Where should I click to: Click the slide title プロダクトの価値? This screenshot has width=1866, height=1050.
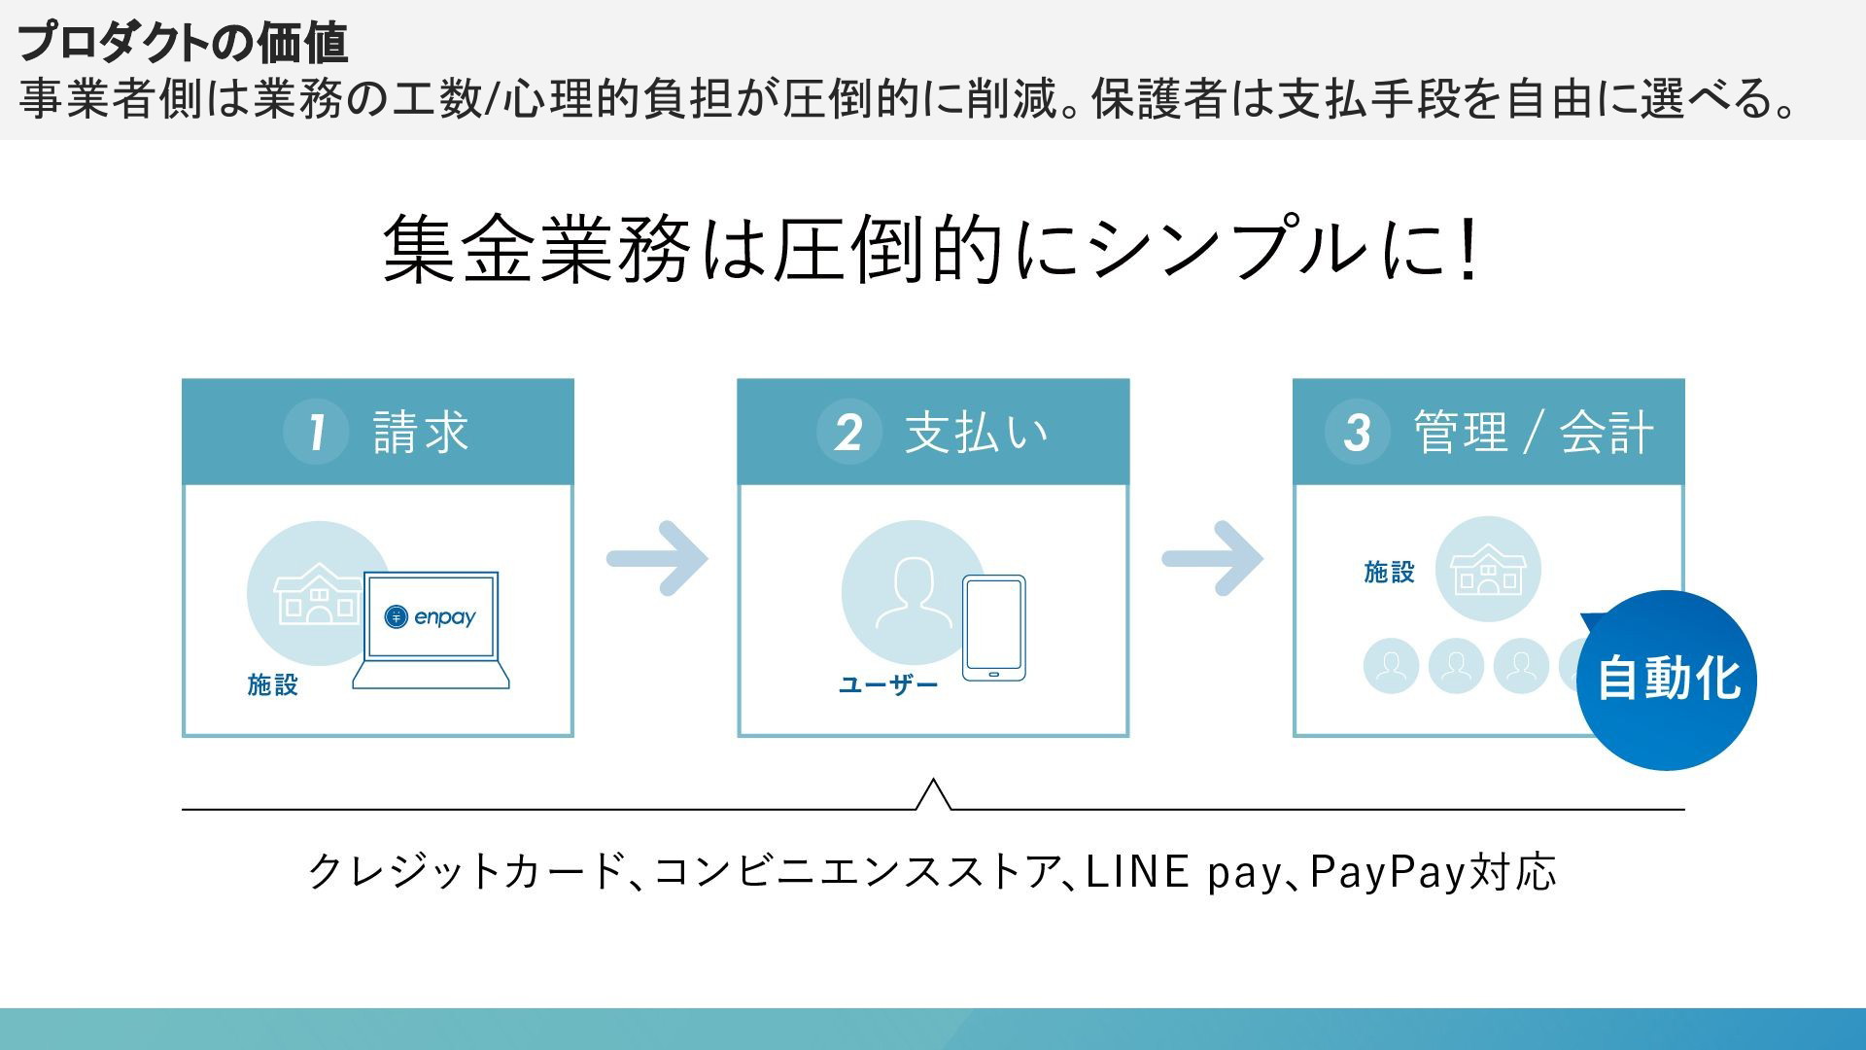(182, 42)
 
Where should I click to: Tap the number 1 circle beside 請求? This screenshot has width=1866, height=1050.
(316, 431)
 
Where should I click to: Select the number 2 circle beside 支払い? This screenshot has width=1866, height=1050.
(848, 431)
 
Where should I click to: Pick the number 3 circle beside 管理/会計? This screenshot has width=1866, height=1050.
(1357, 431)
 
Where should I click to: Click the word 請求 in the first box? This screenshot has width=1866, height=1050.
(421, 432)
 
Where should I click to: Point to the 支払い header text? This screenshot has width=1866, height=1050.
(977, 432)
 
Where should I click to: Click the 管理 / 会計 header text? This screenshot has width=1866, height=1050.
(1533, 432)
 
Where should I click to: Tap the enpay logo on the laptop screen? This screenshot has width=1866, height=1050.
(431, 616)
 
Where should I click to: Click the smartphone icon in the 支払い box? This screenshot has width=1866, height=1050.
(993, 628)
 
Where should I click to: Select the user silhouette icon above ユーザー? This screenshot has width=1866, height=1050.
(914, 593)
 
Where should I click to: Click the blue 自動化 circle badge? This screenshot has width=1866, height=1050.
(1668, 680)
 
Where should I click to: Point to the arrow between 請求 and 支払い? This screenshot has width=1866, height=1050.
(658, 558)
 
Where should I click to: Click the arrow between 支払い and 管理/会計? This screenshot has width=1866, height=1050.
(1213, 558)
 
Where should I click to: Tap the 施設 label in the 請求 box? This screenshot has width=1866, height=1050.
(272, 684)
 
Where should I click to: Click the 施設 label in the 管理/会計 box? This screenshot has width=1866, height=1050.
(1389, 572)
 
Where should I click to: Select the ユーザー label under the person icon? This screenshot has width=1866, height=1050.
(887, 684)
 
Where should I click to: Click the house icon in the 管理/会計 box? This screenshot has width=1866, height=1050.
(1487, 570)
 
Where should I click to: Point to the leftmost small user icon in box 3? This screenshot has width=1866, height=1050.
(1391, 666)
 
